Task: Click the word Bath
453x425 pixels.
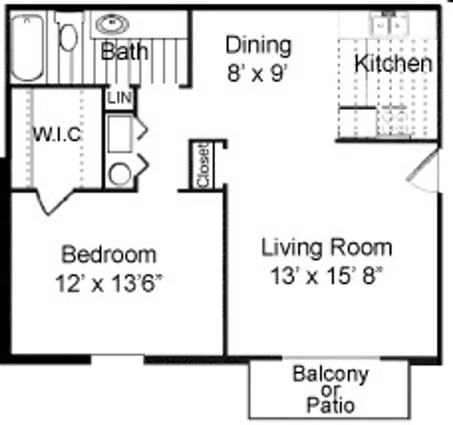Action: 124,52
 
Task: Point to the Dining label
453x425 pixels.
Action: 258,45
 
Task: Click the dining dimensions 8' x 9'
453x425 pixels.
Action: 258,73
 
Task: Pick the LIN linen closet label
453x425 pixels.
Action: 119,98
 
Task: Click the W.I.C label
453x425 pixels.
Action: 57,135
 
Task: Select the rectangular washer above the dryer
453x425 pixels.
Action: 120,133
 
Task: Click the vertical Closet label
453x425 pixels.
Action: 203,165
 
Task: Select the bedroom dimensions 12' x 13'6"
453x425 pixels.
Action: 108,283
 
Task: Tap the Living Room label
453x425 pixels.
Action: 326,248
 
